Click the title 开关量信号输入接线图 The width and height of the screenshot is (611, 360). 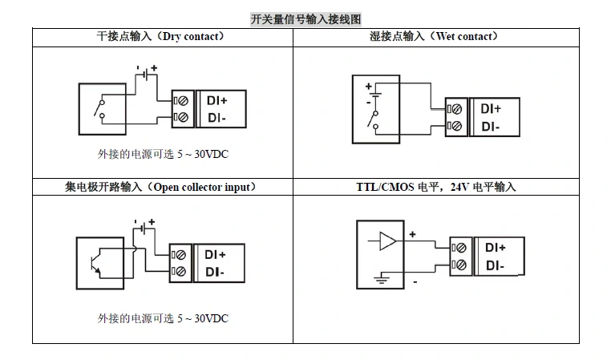coord(305,18)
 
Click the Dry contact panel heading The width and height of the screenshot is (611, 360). coord(160,37)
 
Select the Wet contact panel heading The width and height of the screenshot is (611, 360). coord(434,37)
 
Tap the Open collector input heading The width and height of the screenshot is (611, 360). coord(160,187)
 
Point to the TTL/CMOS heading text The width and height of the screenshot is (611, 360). coord(436,187)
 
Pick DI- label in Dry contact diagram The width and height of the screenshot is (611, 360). coord(215,118)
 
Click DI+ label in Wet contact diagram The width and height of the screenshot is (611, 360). coord(491,109)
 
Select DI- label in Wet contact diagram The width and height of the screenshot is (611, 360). coord(490,126)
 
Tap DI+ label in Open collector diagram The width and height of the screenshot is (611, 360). coord(215,255)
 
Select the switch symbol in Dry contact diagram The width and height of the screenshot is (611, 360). coord(99,110)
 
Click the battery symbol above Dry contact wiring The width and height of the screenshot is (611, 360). coord(145,74)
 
